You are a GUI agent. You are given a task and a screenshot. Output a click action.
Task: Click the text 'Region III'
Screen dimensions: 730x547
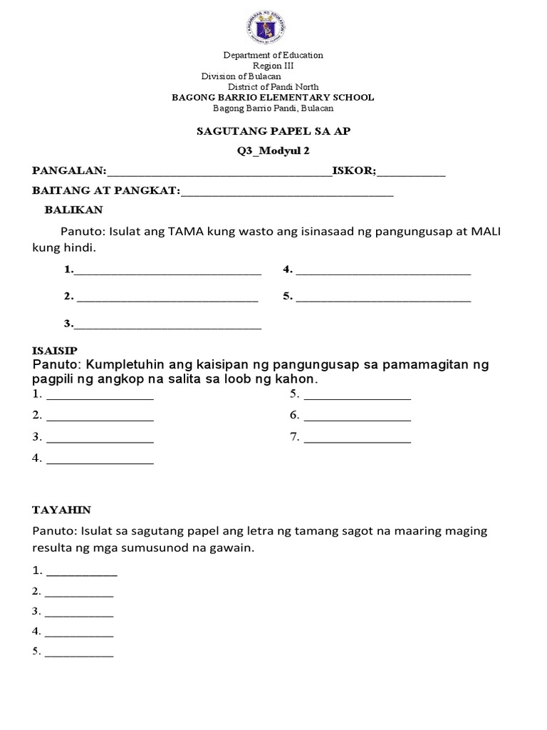273,66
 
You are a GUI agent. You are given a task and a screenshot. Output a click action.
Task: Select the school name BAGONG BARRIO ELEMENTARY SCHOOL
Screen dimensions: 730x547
273,98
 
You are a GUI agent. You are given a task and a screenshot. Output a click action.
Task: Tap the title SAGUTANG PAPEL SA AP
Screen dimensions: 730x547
273,131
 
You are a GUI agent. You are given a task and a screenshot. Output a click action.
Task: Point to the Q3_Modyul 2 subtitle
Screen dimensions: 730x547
273,150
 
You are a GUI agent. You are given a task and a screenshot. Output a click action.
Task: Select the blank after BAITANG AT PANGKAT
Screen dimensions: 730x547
287,192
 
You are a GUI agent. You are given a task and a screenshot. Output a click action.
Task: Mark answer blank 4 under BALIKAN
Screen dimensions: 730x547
383,271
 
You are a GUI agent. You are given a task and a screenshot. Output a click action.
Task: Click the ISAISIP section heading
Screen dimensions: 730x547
60,351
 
